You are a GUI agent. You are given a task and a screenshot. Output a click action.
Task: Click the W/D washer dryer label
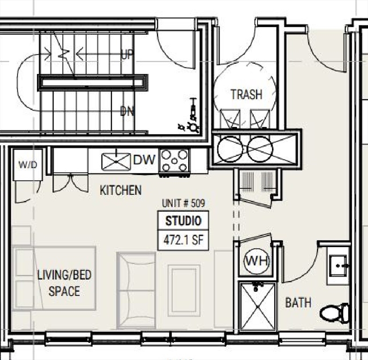tap(28, 165)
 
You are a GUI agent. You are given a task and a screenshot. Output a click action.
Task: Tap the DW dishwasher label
tap(144, 160)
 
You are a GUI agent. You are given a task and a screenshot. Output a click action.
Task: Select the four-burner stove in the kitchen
tap(174, 161)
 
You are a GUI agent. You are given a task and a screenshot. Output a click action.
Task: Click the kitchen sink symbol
tap(116, 161)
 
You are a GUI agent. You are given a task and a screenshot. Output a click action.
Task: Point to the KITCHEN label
tap(121, 190)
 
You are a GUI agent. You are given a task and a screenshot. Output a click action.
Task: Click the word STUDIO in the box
tap(183, 221)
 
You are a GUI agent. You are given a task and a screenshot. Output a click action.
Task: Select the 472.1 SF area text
tap(183, 240)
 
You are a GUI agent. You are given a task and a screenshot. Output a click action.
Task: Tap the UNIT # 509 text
tap(183, 203)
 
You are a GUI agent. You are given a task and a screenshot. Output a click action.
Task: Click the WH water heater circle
tap(257, 261)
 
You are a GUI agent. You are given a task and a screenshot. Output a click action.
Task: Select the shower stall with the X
tap(258, 306)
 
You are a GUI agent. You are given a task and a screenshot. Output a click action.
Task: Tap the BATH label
tap(298, 302)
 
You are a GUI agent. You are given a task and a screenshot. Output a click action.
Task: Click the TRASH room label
tap(246, 95)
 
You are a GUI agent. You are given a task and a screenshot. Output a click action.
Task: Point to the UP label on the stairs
tap(127, 55)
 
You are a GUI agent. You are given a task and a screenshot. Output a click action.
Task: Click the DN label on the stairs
tap(127, 111)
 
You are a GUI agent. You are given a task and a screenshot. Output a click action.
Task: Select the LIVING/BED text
tap(64, 275)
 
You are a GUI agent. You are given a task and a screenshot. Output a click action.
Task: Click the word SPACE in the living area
tap(64, 291)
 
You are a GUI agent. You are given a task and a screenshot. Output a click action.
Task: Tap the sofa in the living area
tap(136, 290)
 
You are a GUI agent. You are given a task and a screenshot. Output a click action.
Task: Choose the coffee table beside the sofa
tap(184, 290)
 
